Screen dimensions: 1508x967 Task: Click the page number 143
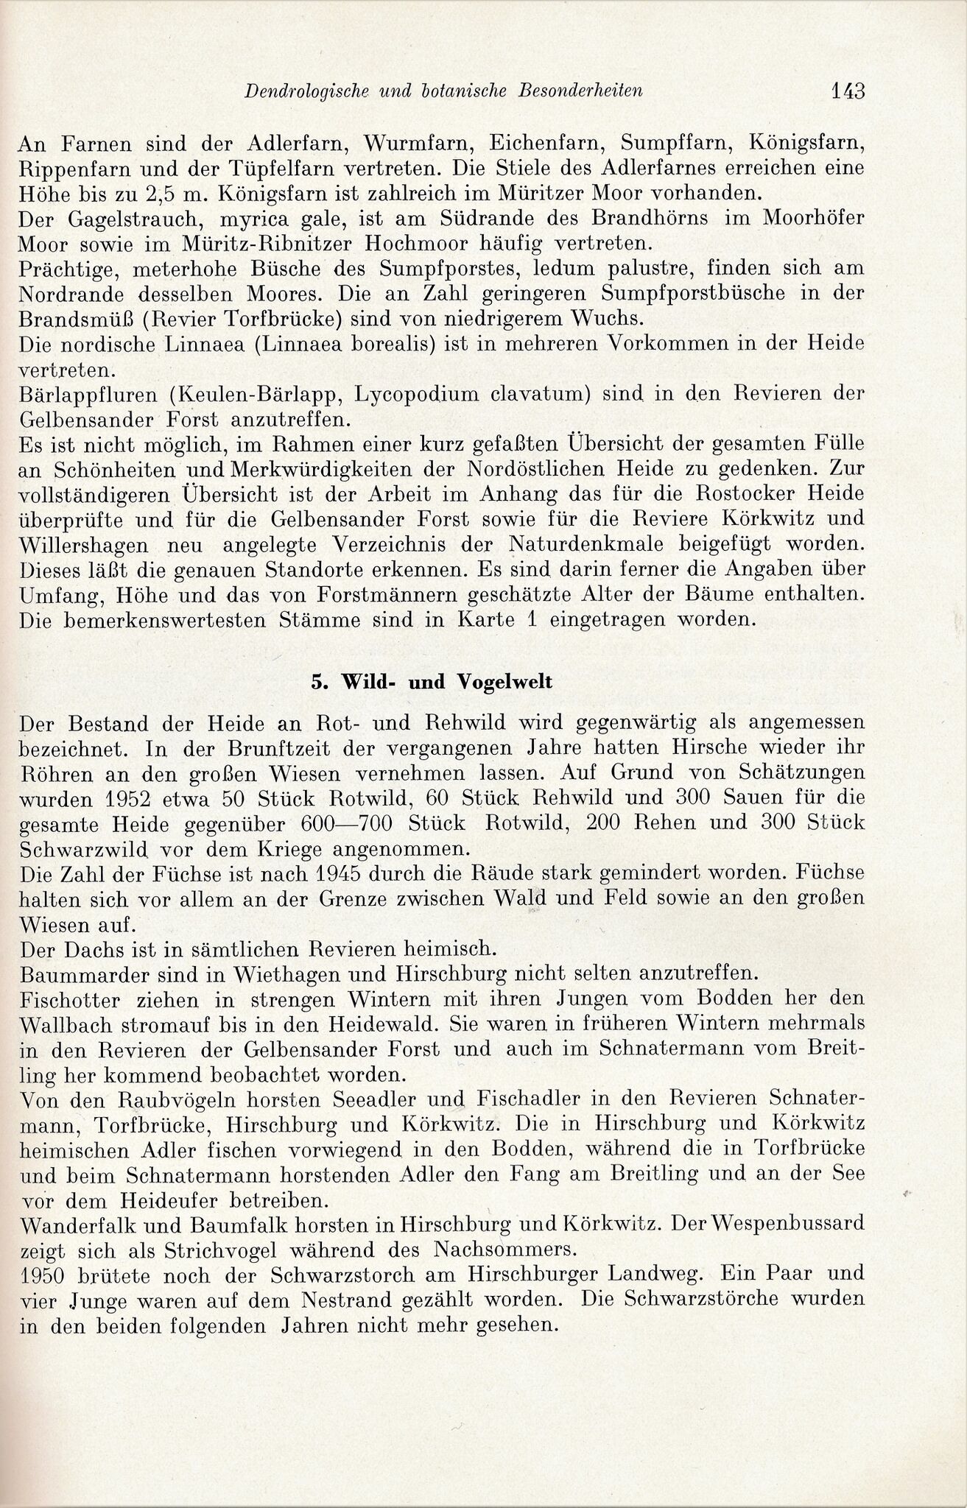(847, 92)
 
